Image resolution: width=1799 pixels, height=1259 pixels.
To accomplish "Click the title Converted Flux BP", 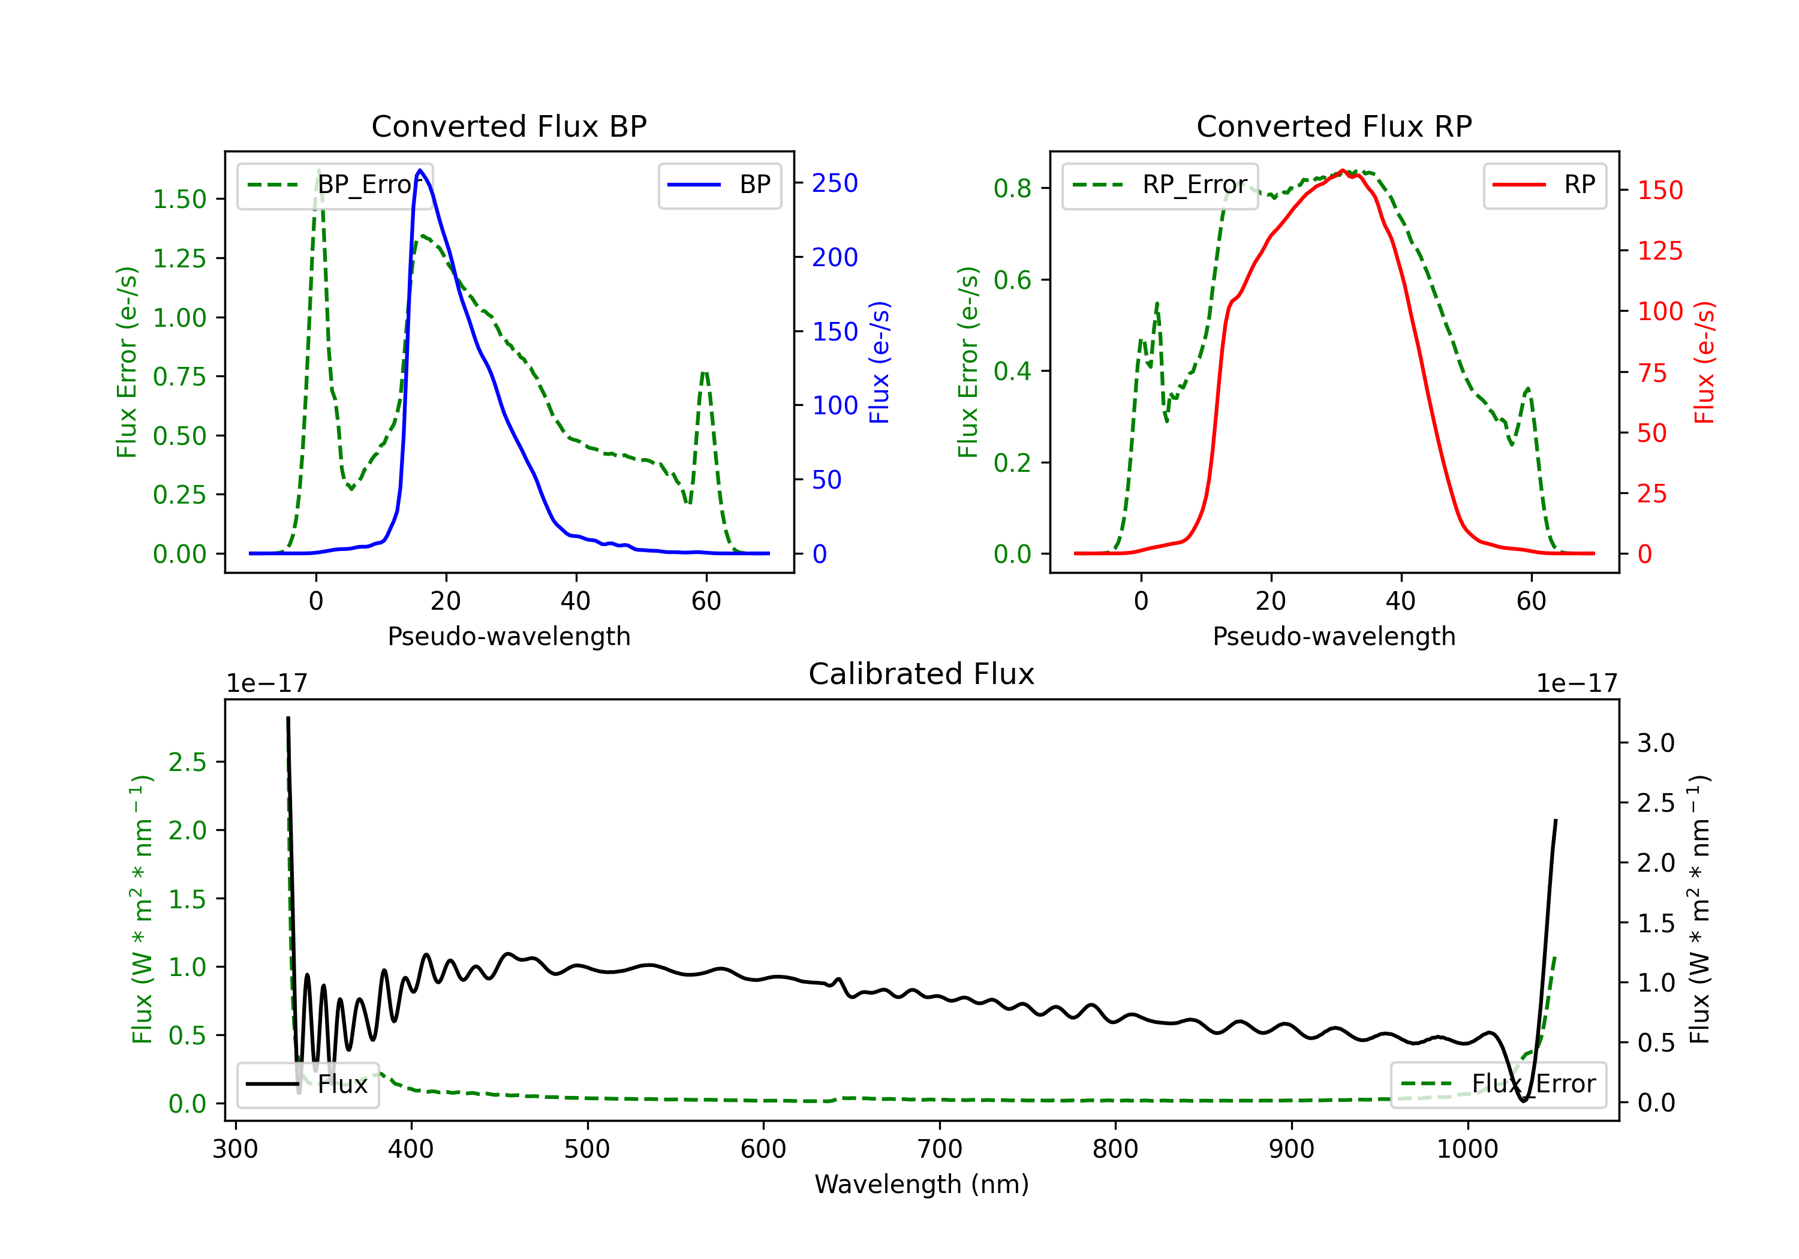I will click(509, 126).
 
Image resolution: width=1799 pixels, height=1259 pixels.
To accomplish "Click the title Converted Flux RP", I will click(1334, 126).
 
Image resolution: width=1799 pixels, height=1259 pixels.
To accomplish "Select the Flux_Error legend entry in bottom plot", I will click(1498, 1085).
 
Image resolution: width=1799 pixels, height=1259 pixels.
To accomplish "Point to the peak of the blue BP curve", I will click(420, 170).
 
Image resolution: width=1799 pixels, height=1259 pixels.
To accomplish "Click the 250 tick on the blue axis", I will click(835, 183).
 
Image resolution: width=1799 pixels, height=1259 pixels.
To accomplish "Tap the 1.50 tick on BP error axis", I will click(179, 199).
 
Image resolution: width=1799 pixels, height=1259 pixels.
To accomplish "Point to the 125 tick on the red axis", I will click(1659, 251).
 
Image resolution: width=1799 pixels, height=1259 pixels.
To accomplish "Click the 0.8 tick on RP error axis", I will click(1012, 188).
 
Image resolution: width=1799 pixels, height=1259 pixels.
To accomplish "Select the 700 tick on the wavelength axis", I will click(940, 1149).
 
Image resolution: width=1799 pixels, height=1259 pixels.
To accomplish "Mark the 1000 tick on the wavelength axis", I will click(1467, 1149).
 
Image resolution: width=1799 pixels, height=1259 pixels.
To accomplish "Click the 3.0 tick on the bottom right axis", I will click(1656, 743).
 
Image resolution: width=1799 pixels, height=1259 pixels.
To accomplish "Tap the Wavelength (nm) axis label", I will click(922, 1184).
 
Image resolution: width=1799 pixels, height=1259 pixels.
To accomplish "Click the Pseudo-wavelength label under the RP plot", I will click(1334, 636).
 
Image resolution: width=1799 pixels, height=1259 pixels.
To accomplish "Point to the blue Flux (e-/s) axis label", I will click(880, 362).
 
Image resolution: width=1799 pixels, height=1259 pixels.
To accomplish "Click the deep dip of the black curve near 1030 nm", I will click(1523, 1101).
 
